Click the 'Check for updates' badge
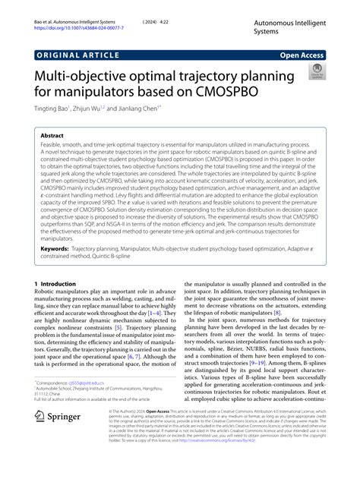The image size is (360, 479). tap(314, 73)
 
